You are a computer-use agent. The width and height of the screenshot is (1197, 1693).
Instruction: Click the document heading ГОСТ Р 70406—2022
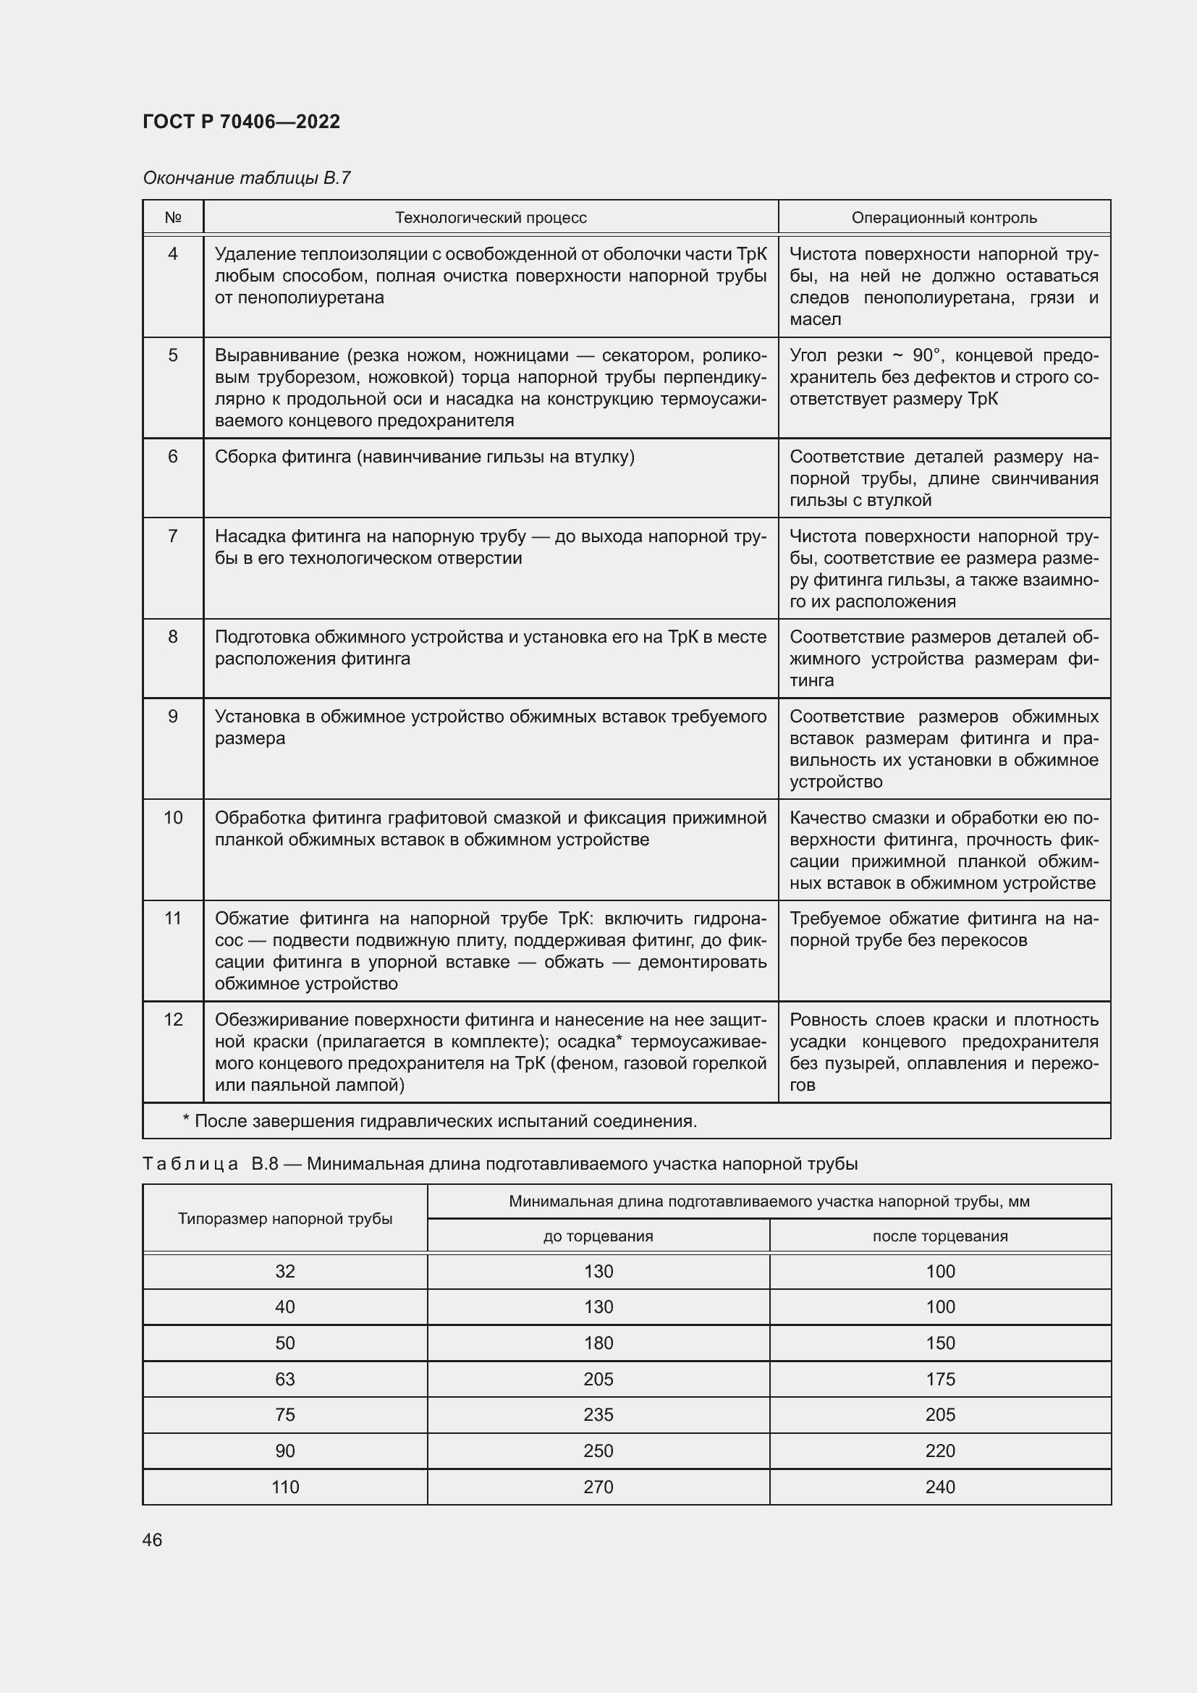coord(241,122)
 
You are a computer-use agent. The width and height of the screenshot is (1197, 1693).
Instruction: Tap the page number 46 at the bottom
coord(152,1540)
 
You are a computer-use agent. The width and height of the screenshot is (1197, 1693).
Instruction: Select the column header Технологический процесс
coord(490,218)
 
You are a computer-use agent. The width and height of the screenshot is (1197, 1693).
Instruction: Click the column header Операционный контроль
coord(944,218)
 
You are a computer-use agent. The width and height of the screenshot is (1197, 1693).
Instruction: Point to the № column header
coord(172,218)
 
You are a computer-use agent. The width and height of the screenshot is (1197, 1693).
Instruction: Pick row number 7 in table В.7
coord(172,536)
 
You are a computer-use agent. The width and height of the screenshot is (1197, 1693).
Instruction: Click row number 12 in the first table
coord(172,1020)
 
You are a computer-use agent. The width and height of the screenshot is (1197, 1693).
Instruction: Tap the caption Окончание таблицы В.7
coord(246,178)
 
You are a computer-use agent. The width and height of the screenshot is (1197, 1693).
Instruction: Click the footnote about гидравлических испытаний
coord(439,1121)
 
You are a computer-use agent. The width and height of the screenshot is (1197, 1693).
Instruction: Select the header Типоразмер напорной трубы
coord(284,1218)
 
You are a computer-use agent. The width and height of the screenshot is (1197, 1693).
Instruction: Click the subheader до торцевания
coord(598,1236)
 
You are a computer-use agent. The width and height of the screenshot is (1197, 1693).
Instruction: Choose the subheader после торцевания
coord(940,1236)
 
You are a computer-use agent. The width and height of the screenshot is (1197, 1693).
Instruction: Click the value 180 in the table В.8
coord(598,1343)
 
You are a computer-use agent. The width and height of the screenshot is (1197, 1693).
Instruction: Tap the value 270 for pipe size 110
coord(598,1487)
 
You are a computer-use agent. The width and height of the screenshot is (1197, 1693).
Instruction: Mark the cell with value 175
coord(940,1379)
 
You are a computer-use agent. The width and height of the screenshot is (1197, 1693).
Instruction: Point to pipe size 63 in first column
coord(284,1379)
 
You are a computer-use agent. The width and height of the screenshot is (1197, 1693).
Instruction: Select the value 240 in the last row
coord(940,1487)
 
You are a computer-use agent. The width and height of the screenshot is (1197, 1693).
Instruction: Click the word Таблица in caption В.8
coord(190,1165)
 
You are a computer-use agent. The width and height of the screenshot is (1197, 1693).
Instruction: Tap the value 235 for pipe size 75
coord(598,1414)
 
